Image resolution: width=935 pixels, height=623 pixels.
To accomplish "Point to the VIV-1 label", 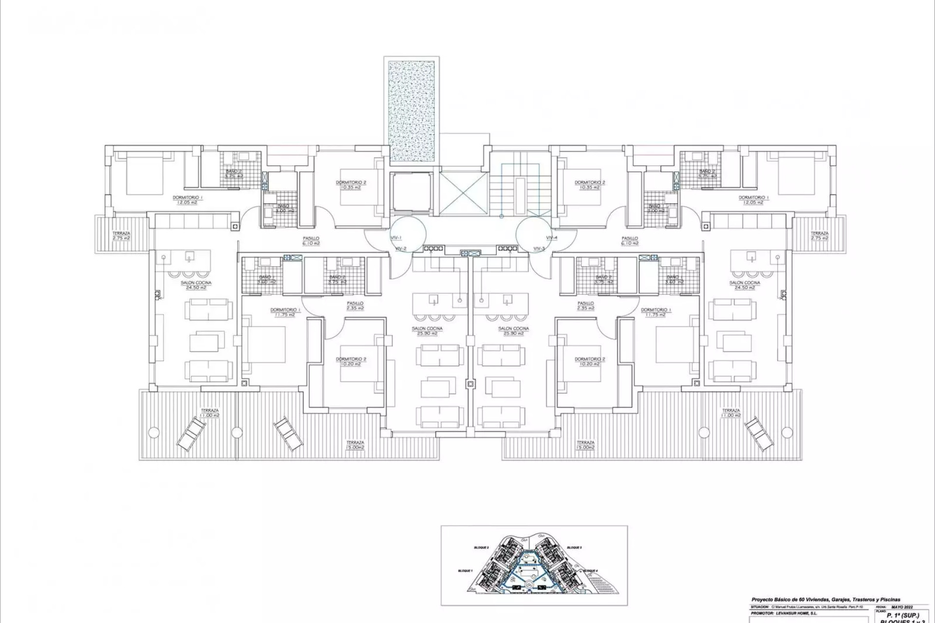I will click(395, 238).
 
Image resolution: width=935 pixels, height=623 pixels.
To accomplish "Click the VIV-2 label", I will click(401, 248).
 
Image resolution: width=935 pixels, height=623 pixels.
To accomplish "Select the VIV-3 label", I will click(539, 248).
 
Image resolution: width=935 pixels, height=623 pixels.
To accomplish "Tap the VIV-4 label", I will click(551, 238).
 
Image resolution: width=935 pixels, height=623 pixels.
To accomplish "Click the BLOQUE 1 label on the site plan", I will click(465, 570).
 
